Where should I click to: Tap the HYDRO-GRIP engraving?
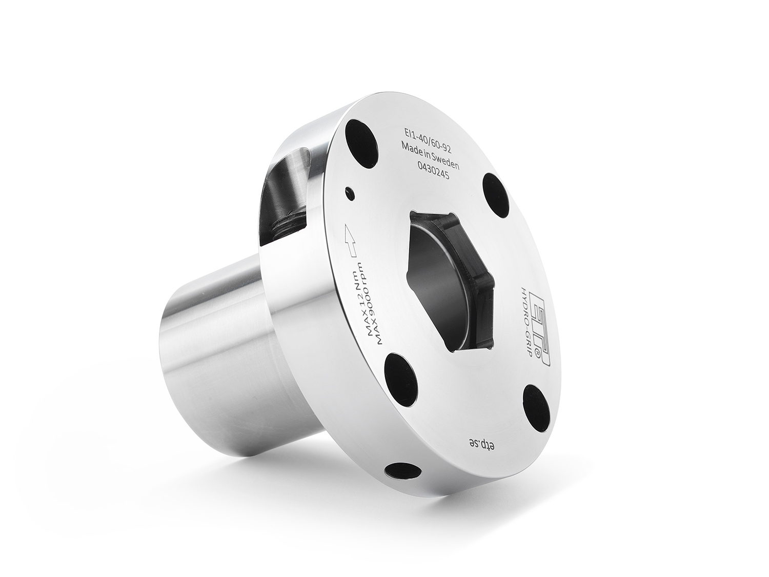tap(525, 326)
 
